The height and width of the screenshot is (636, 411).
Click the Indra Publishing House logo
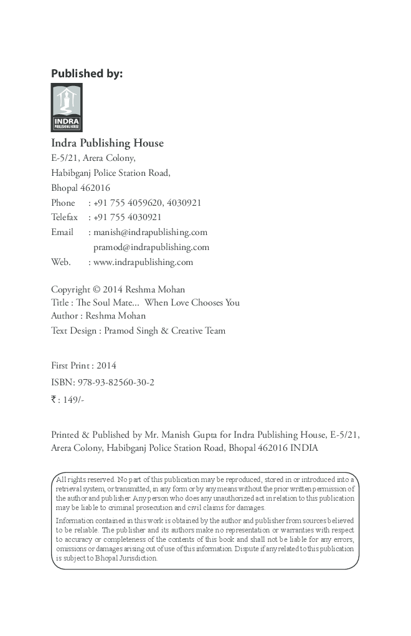(x=67, y=107)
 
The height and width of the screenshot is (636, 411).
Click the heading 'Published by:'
(x=87, y=74)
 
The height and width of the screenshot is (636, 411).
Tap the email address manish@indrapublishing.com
(x=150, y=232)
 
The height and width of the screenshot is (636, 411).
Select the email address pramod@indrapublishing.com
(x=151, y=247)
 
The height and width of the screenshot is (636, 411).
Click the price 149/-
(x=73, y=400)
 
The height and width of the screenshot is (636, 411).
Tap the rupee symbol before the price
(x=54, y=399)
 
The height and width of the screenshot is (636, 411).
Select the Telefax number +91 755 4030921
(x=128, y=217)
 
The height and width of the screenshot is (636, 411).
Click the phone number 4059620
(x=146, y=203)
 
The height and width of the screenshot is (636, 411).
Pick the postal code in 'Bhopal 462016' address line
(x=96, y=188)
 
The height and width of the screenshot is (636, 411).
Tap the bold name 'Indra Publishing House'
(x=107, y=143)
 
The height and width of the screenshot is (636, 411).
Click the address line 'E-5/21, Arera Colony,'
(x=93, y=158)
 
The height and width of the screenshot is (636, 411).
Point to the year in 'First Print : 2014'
(x=106, y=366)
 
